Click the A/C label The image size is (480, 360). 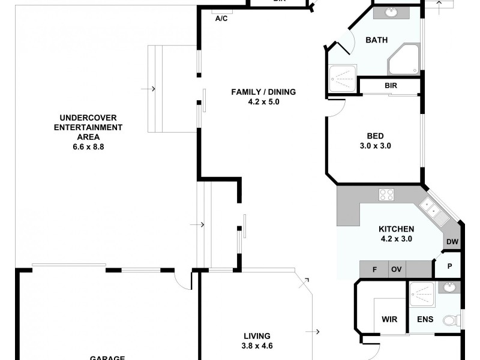(221, 19)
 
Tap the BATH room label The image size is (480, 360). (376, 40)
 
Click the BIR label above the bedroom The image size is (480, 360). (391, 86)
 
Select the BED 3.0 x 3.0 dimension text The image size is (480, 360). (375, 145)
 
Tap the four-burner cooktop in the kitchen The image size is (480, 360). (386, 194)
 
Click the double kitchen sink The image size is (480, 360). (433, 209)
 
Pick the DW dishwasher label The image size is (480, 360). (452, 242)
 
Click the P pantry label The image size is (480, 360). (449, 265)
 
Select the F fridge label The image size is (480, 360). (374, 269)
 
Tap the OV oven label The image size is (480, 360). (397, 269)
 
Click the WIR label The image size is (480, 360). (389, 319)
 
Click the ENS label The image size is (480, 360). (425, 319)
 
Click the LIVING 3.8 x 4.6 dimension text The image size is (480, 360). (256, 346)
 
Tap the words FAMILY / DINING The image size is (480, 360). (263, 92)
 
